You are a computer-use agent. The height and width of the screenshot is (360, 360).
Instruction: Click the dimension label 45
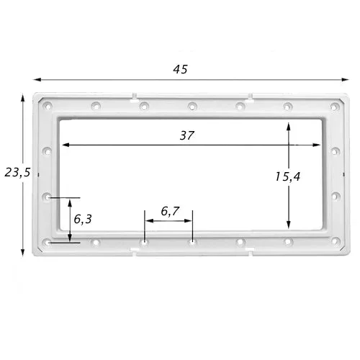pyautogui.click(x=180, y=69)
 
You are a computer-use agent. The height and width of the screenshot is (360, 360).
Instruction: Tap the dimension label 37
pyautogui.click(x=186, y=135)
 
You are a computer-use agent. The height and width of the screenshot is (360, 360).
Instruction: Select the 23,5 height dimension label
pyautogui.click(x=17, y=173)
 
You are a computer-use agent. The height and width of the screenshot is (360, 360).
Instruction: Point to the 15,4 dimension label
pyautogui.click(x=287, y=177)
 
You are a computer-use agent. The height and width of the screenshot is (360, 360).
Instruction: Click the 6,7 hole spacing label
pyautogui.click(x=170, y=212)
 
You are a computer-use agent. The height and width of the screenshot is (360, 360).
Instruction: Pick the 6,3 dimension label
pyautogui.click(x=83, y=219)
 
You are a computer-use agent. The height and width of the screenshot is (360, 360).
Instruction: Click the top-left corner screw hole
pyautogui.click(x=48, y=106)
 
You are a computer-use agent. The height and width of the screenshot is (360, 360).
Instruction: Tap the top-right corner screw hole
pyautogui.click(x=334, y=107)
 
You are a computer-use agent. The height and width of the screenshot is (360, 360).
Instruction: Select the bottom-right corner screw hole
pyautogui.click(x=336, y=241)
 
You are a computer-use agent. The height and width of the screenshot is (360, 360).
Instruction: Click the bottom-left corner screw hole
pyautogui.click(x=48, y=243)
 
